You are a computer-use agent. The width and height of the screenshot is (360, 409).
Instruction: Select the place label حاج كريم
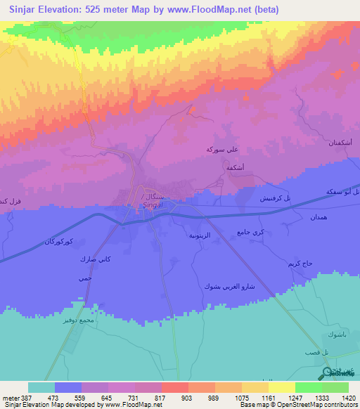click(301, 263)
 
